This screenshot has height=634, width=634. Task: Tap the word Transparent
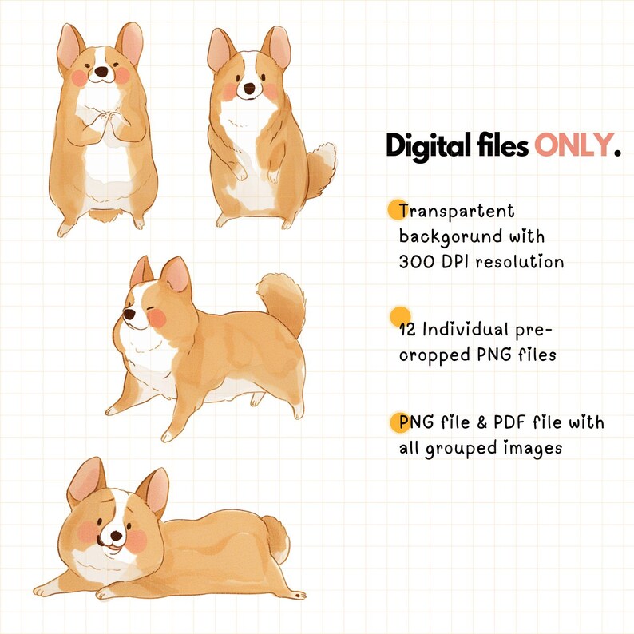[x=457, y=212]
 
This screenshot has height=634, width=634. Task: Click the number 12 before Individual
[x=407, y=329]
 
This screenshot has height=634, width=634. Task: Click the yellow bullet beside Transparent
[x=397, y=210]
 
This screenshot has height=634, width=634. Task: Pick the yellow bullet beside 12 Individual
[x=400, y=315]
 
